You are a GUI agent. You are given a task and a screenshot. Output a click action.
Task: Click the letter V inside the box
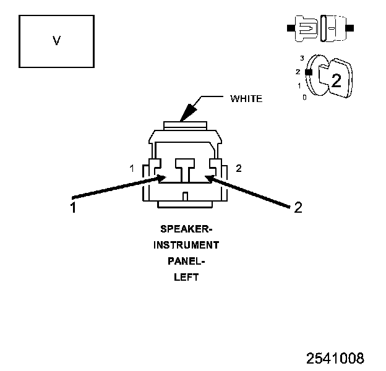tap(57, 41)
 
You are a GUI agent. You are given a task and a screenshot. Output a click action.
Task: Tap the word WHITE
tap(246, 98)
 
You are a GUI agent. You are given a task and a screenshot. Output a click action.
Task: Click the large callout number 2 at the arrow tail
tap(298, 208)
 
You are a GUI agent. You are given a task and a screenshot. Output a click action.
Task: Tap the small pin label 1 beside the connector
tap(132, 168)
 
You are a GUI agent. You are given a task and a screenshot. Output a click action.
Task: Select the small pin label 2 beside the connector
tap(239, 168)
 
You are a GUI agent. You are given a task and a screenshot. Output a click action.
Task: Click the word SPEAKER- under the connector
tap(186, 229)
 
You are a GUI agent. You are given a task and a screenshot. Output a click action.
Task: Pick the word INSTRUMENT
tap(186, 245)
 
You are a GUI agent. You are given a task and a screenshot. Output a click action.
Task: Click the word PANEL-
tap(186, 261)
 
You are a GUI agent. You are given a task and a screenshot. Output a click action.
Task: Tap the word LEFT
tap(186, 277)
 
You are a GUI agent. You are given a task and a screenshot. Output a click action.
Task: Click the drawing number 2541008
tap(335, 358)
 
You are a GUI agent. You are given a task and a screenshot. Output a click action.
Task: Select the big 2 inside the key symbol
tap(336, 80)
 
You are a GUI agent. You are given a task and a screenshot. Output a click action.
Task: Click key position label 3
tap(302, 58)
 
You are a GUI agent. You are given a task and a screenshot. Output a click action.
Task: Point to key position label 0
tap(304, 98)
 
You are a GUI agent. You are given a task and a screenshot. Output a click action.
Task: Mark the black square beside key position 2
tap(309, 72)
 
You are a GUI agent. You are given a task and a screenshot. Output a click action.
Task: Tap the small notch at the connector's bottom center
tap(186, 197)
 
